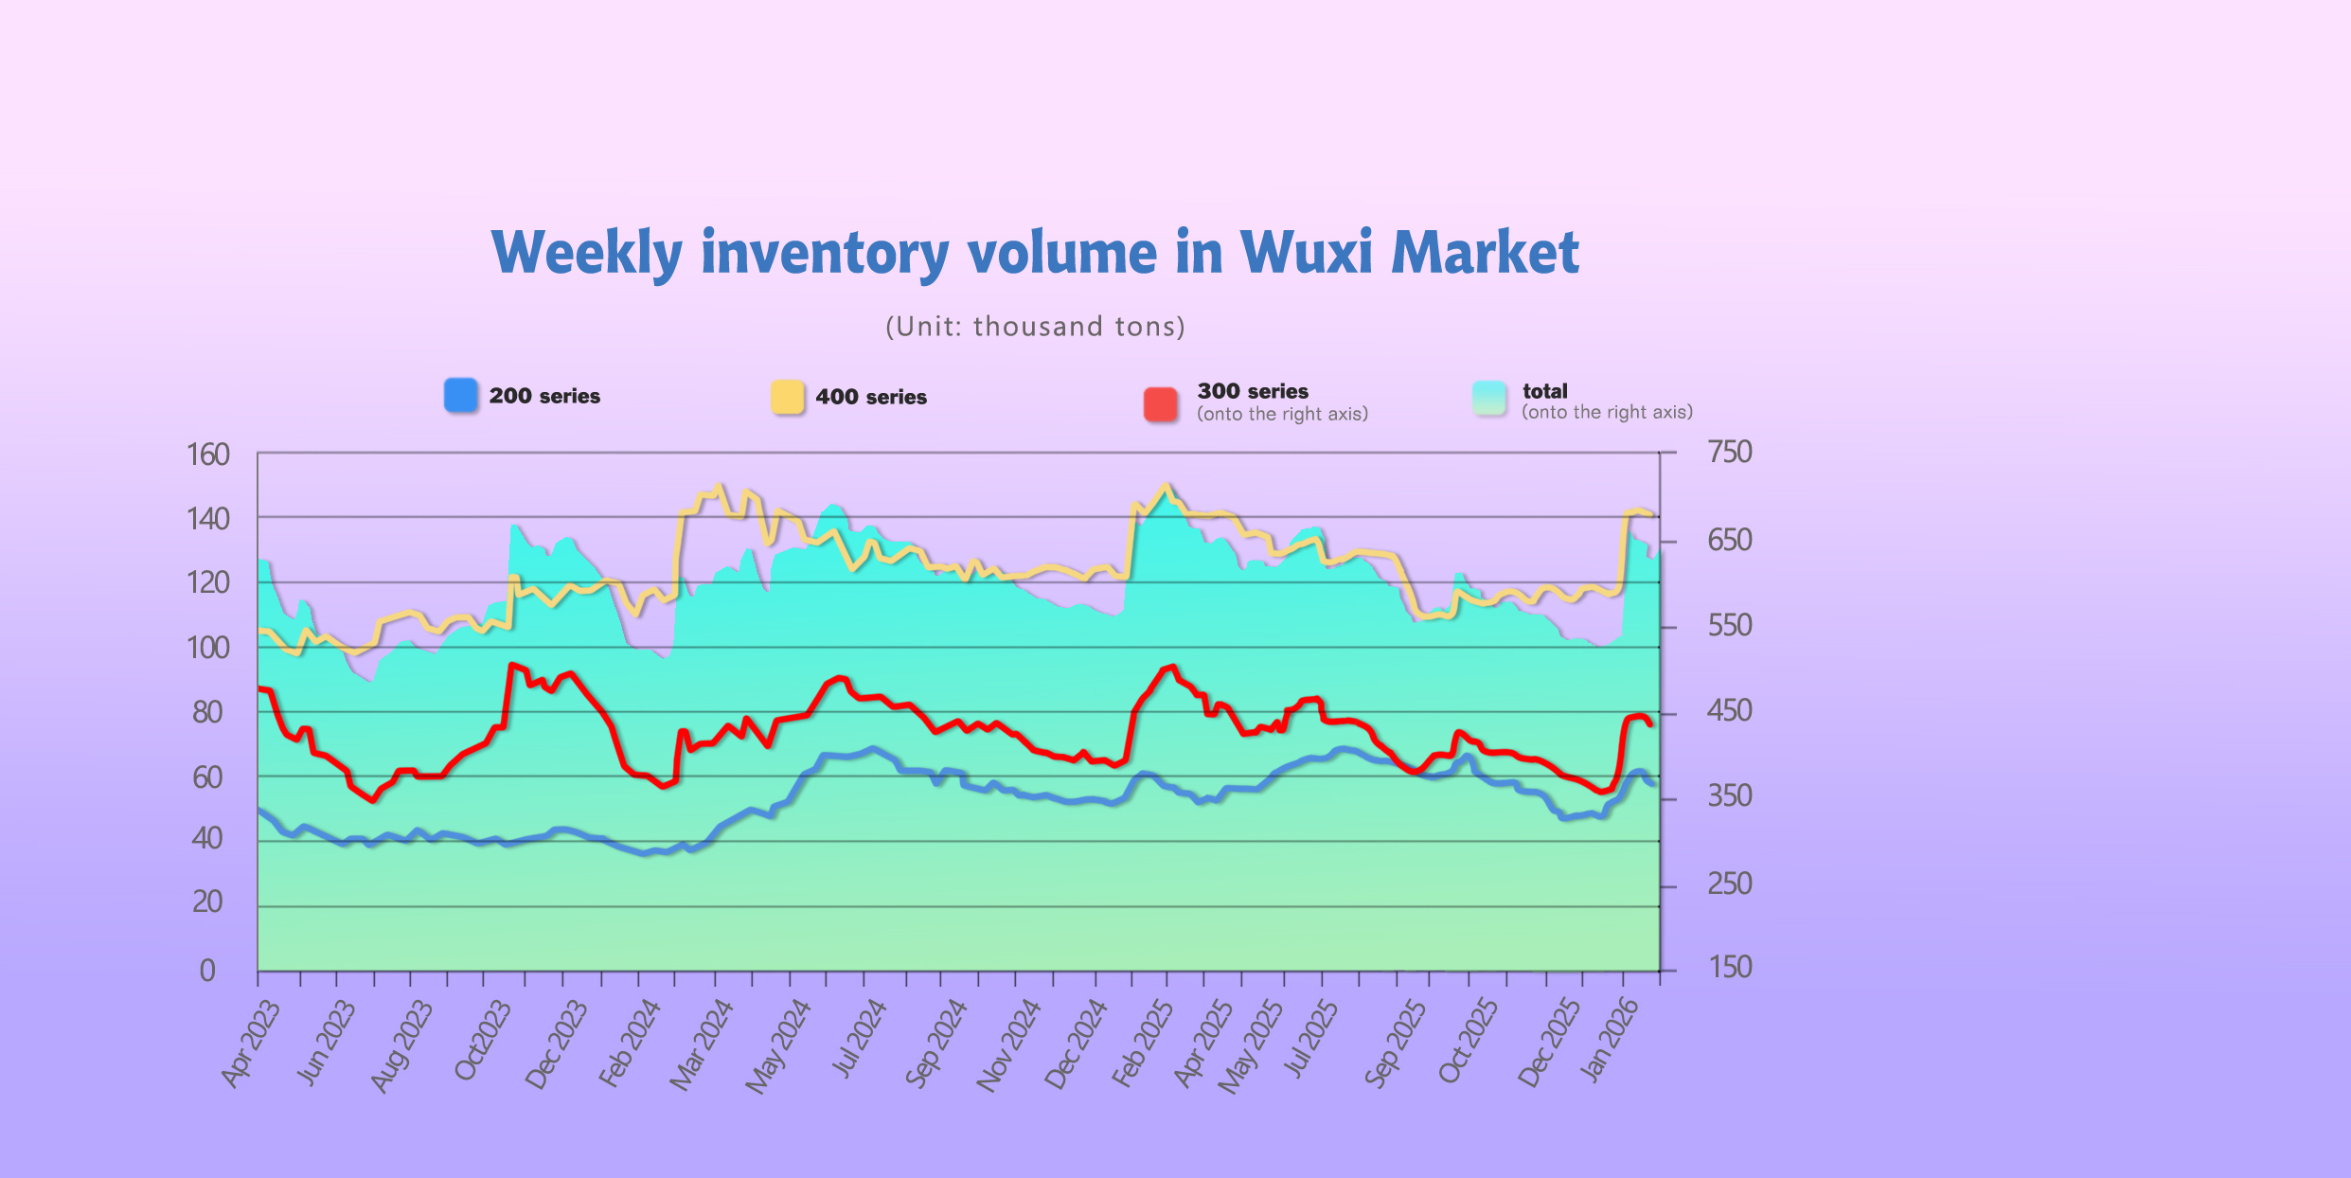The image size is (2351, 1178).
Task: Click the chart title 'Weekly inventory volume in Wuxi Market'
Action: (1035, 253)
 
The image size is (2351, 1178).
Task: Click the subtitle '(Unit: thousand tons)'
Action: (1035, 327)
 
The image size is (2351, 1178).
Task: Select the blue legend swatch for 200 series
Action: (461, 395)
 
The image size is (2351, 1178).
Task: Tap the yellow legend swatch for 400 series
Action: (787, 397)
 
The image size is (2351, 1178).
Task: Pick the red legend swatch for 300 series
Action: (1160, 403)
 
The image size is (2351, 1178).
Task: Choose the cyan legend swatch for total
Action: (1489, 398)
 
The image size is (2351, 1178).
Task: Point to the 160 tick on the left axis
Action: (208, 455)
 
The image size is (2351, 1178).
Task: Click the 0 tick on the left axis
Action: (207, 971)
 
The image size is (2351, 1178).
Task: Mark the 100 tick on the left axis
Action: (208, 649)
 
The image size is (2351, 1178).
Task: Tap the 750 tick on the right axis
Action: (1729, 453)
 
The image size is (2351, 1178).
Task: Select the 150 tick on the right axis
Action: (1729, 967)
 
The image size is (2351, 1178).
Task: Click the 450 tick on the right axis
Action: (1729, 710)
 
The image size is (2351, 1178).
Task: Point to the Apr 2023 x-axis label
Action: (251, 1044)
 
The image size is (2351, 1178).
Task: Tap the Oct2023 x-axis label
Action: (483, 1040)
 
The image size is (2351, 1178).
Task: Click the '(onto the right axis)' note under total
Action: (1607, 413)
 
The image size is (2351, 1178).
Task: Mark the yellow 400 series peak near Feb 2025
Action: (1167, 486)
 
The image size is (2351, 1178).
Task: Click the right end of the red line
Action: (1650, 724)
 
